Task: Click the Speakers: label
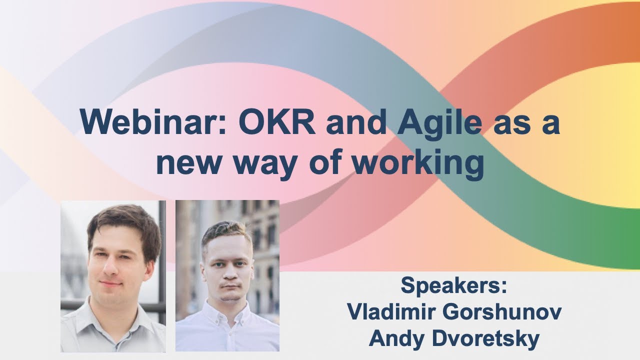coord(454,286)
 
